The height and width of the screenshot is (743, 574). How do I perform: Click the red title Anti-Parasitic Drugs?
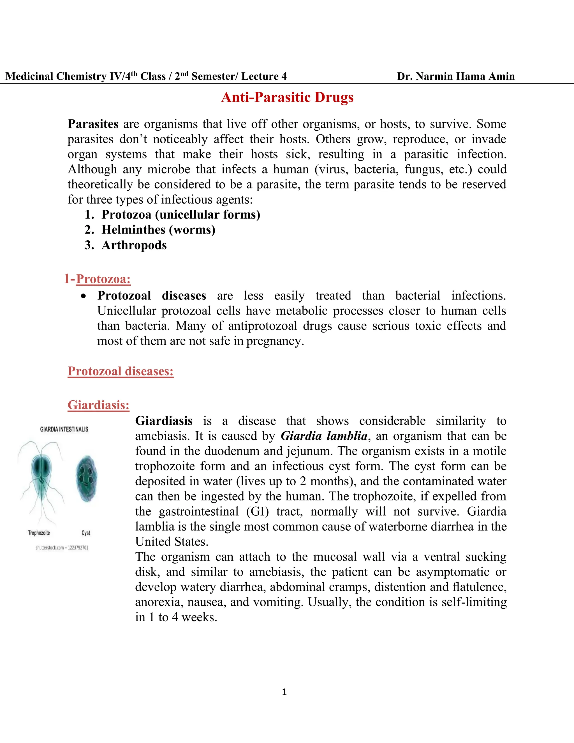(x=287, y=97)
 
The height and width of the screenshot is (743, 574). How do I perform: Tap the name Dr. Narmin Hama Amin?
(x=456, y=76)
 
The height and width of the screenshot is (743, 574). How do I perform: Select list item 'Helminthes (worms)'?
(x=158, y=230)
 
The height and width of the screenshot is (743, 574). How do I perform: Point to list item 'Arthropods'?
(x=134, y=245)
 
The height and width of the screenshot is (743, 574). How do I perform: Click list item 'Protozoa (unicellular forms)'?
(x=180, y=215)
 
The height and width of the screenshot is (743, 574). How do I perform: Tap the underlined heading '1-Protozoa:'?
(x=97, y=279)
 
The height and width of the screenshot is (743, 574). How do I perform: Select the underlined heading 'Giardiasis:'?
(x=98, y=405)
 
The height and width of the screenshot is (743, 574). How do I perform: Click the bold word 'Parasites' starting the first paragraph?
(x=93, y=124)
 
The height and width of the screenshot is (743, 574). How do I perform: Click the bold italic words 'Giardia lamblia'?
(x=324, y=436)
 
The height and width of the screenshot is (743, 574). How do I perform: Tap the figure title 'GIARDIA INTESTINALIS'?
(x=64, y=429)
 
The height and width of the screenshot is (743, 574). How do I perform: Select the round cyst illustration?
(x=86, y=479)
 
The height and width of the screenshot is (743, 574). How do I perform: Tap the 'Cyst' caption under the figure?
(x=86, y=533)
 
